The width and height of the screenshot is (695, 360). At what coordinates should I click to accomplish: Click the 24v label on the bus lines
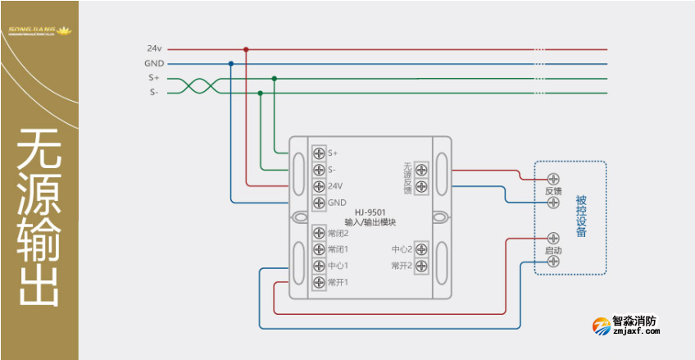point(154,48)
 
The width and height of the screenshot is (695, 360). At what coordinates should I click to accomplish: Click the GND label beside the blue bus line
point(154,63)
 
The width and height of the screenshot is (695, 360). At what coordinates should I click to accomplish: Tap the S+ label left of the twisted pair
point(154,78)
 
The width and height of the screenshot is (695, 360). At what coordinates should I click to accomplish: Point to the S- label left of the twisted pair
point(154,93)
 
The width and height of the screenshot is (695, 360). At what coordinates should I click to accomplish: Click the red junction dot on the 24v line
point(246,49)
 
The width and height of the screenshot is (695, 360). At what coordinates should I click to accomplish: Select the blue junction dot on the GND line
point(231,63)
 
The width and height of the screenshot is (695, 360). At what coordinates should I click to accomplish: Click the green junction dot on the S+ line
point(275,79)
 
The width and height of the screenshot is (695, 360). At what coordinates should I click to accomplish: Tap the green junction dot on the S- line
point(260,93)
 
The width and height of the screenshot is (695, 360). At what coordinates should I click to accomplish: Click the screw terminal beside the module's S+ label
point(319,153)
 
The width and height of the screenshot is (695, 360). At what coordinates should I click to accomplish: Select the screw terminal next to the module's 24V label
point(319,186)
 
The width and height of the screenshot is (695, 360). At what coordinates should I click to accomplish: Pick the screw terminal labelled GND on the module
point(319,203)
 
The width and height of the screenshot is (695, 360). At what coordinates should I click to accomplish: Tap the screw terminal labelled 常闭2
point(319,233)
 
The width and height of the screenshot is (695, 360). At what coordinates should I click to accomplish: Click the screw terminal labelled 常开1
point(319,282)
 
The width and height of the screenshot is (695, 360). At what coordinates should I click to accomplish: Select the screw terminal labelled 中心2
point(421,248)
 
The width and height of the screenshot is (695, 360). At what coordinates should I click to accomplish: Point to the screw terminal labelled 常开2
point(421,265)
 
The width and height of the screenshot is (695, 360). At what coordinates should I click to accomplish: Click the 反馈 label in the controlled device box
point(553,190)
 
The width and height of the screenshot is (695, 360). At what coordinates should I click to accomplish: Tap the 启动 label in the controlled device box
point(553,249)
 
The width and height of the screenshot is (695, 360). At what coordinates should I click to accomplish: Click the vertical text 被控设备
point(581,216)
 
